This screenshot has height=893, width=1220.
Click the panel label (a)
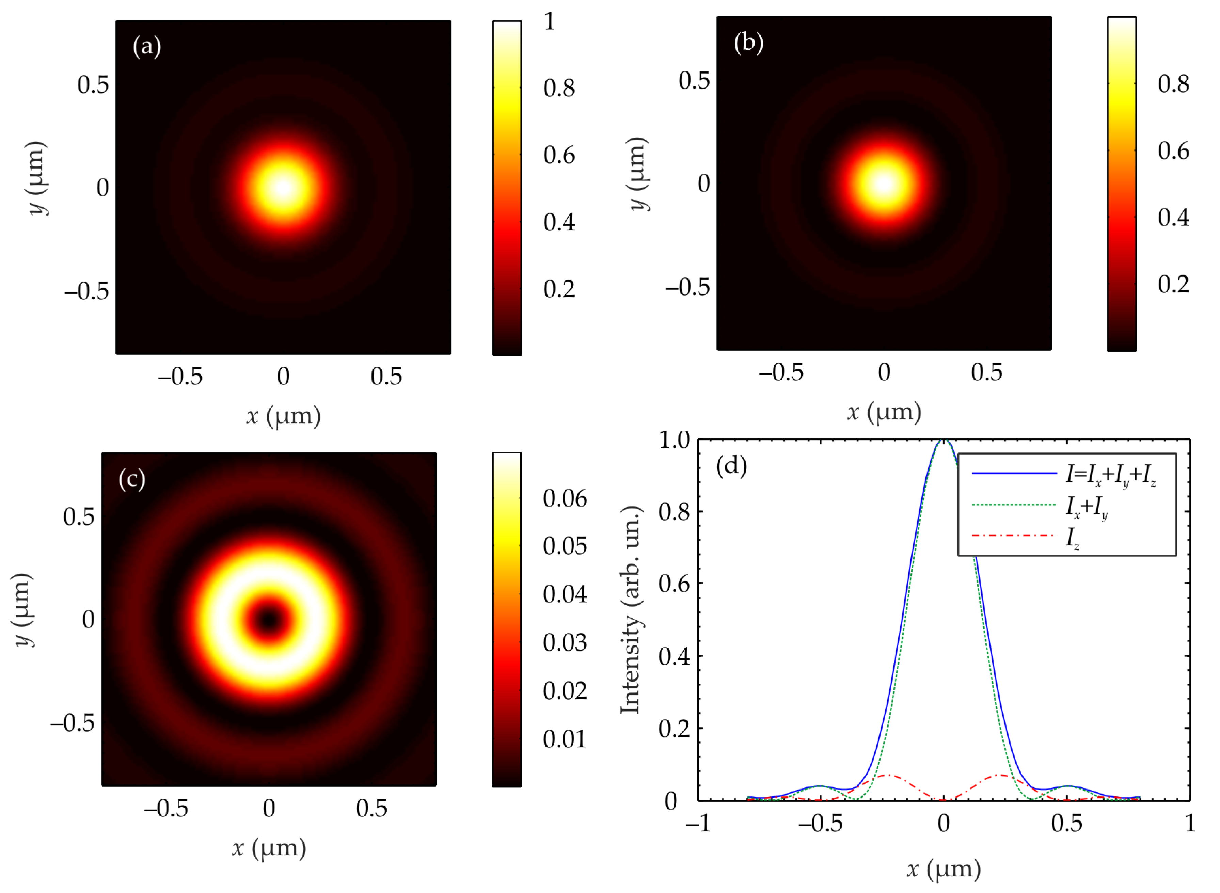[x=146, y=47]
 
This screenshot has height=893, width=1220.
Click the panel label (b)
[x=748, y=43]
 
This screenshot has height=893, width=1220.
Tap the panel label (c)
[x=132, y=479]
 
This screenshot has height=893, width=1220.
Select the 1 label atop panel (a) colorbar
[x=549, y=22]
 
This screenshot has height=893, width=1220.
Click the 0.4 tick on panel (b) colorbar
[x=1173, y=217]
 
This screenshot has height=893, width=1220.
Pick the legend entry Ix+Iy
[x=1087, y=507]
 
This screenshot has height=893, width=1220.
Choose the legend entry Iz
[x=1073, y=538]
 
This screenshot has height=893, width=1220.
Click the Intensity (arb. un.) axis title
[x=630, y=610]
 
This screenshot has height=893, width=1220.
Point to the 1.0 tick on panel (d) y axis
[x=674, y=440]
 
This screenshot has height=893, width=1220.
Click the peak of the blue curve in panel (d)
[x=943, y=441]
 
